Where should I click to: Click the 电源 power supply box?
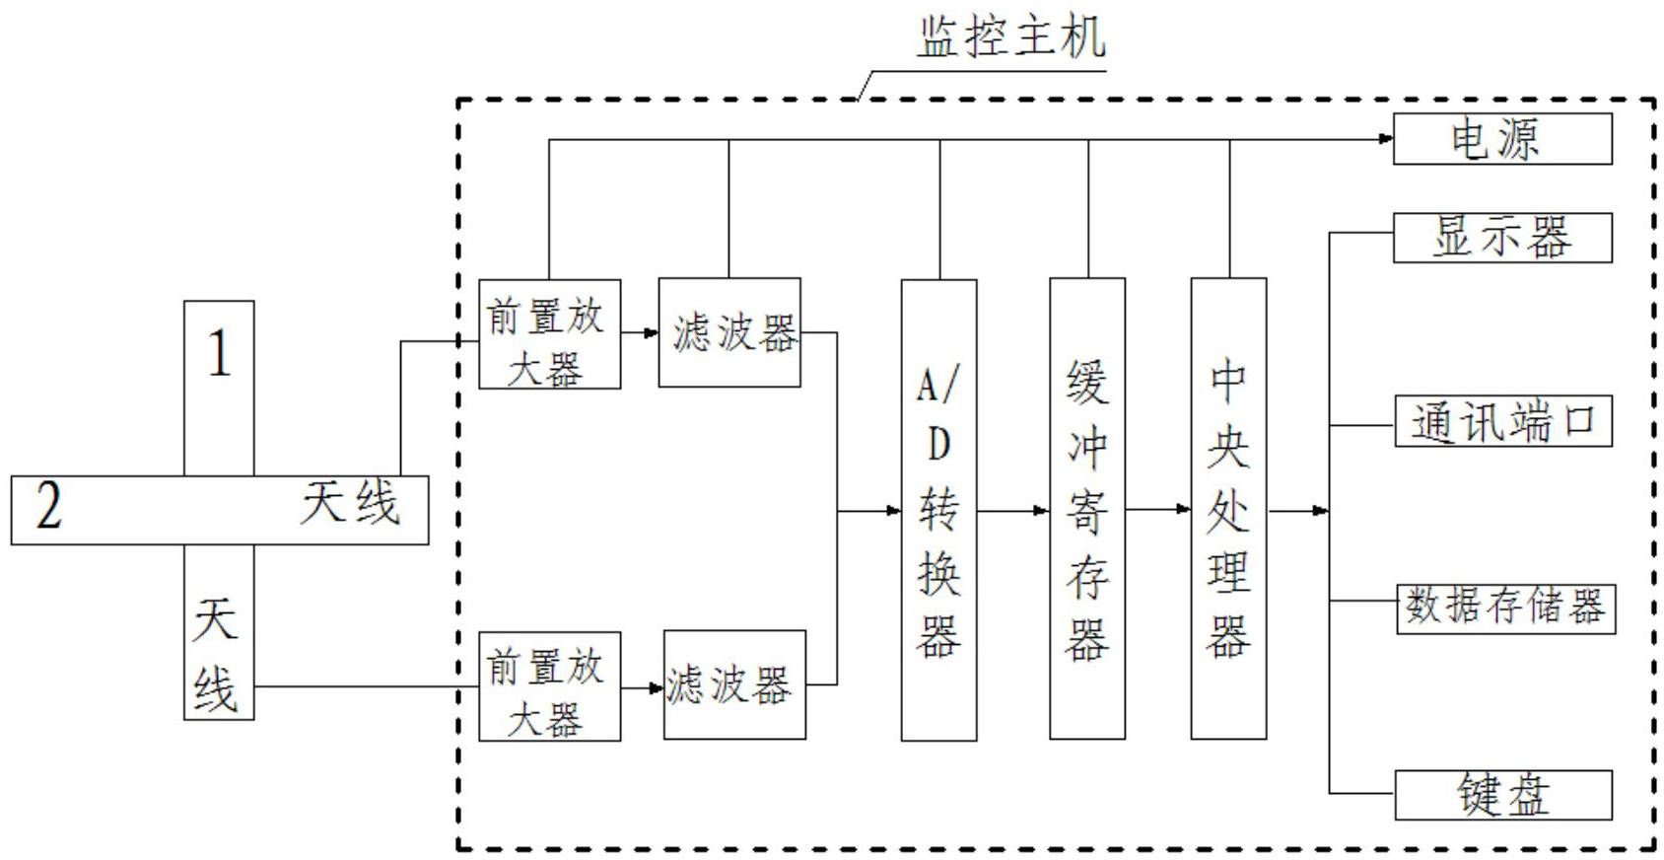(x=1502, y=139)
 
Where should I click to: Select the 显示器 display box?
(x=1502, y=238)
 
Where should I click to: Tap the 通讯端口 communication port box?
(x=1503, y=421)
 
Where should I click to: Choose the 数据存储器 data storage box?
(x=1505, y=609)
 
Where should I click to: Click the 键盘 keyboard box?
(x=1503, y=795)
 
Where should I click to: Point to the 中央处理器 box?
(x=1228, y=509)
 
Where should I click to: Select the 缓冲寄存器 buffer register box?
(x=1087, y=509)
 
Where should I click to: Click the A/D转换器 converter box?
(x=939, y=510)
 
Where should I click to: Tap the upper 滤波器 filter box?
(x=729, y=332)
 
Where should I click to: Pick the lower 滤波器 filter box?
(x=734, y=684)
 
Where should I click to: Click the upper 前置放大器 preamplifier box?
(x=550, y=333)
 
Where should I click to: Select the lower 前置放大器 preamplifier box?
(x=550, y=686)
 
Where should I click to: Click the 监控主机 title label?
(x=1011, y=37)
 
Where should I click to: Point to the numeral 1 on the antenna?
(x=219, y=353)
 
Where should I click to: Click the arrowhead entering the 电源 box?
(x=1385, y=139)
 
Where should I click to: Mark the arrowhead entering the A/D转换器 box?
(x=894, y=511)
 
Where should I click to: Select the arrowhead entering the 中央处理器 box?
(x=1183, y=509)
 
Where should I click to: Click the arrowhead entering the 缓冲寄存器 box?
(x=1042, y=511)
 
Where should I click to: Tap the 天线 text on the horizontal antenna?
(x=350, y=503)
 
